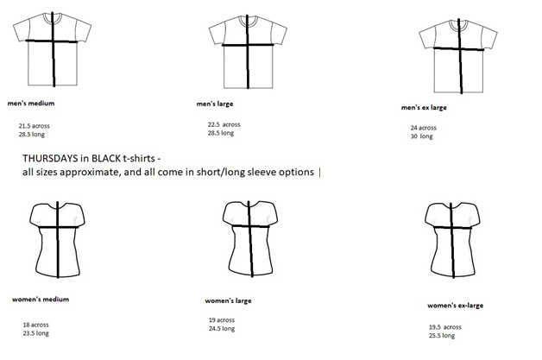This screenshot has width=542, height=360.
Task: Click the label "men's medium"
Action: click(30, 99)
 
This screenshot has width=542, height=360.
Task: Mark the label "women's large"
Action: click(230, 301)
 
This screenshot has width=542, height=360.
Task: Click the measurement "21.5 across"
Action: click(35, 126)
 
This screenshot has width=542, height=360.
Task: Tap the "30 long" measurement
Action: click(422, 136)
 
